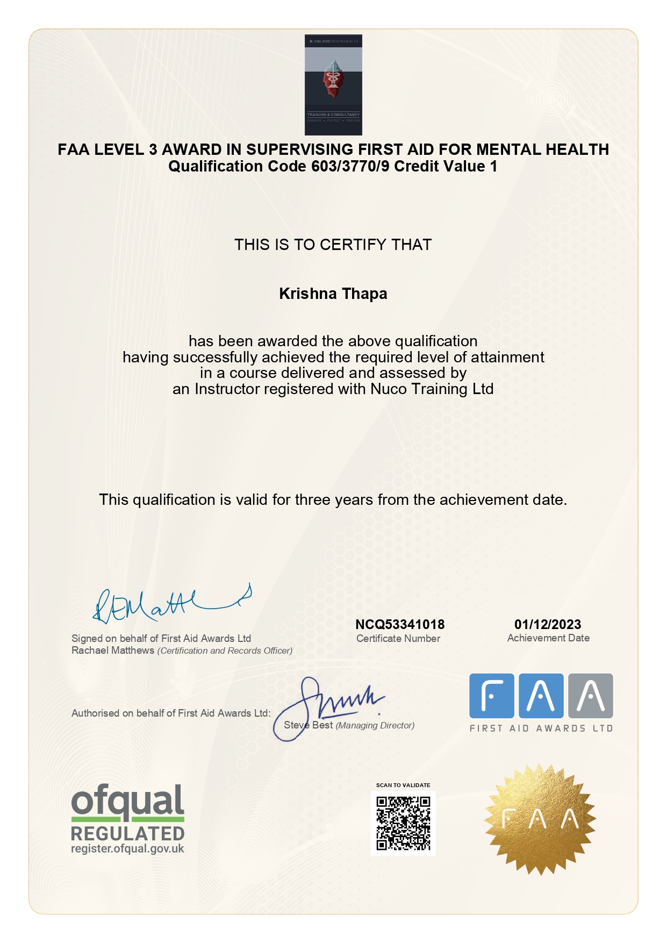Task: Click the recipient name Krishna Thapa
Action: point(333,294)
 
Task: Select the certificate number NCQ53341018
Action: point(400,624)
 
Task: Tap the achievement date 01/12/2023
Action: point(548,624)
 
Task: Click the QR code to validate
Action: point(403,823)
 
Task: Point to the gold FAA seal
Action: point(540,819)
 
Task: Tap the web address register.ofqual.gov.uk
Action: point(127,849)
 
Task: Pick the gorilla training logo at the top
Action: point(333,85)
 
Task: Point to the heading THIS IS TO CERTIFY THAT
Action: point(333,245)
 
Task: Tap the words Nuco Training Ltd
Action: point(432,389)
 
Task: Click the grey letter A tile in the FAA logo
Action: point(591,696)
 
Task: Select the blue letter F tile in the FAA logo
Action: point(491,696)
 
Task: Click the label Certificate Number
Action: point(398,639)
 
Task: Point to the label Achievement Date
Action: point(548,638)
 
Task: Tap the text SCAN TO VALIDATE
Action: point(403,785)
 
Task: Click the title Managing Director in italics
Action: point(375,725)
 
